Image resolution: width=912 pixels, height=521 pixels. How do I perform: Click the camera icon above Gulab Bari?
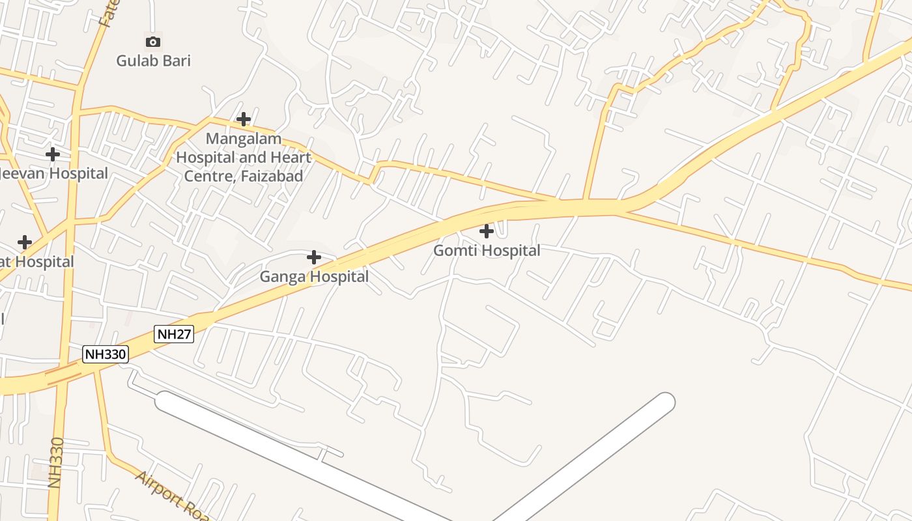[x=152, y=42]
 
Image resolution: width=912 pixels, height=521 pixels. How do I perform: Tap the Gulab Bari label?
[x=153, y=61]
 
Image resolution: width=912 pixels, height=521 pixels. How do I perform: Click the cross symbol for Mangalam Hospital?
[x=244, y=119]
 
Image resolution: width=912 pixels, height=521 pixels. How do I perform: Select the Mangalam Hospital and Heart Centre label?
[x=244, y=157]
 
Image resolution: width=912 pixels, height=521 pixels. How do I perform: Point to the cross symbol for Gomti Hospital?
[x=487, y=231]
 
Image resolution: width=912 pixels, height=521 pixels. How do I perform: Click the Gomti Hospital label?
[x=487, y=251]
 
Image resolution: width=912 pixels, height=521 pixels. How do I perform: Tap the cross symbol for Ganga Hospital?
[x=314, y=257]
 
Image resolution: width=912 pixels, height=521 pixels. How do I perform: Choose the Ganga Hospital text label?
[x=314, y=277]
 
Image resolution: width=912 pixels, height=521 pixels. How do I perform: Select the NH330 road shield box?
[x=106, y=354]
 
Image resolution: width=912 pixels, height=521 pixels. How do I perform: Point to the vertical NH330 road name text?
[x=56, y=462]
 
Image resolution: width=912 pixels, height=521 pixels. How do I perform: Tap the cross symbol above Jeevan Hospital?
[x=53, y=154]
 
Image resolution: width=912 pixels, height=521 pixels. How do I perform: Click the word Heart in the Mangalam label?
[x=288, y=157]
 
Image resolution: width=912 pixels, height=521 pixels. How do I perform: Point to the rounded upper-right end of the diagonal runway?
[x=664, y=402]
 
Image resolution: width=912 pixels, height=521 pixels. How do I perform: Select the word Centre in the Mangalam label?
[x=207, y=176]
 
